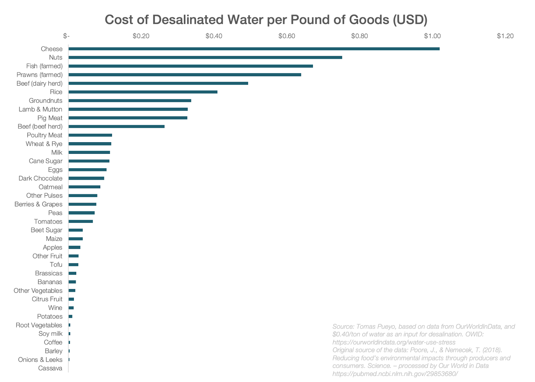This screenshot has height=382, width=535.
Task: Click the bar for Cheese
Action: pyautogui.click(x=254, y=49)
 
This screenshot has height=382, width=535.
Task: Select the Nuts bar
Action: pyautogui.click(x=205, y=58)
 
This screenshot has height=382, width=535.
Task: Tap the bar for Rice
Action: pyautogui.click(x=143, y=92)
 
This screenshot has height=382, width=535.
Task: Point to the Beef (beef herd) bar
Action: pyautogui.click(x=116, y=126)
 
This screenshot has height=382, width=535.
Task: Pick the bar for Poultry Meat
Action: pyautogui.click(x=90, y=135)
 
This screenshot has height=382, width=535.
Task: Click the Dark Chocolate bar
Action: pyautogui.click(x=86, y=178)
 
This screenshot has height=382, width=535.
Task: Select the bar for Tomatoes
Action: pyautogui.click(x=81, y=221)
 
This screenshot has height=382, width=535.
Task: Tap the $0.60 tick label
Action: pyautogui.click(x=287, y=36)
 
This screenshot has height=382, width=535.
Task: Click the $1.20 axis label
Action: pyautogui.click(x=505, y=36)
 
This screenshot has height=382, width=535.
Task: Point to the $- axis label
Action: pyautogui.click(x=66, y=36)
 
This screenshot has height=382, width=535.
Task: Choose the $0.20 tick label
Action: pyautogui.click(x=141, y=36)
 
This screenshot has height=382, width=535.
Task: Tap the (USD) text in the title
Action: pyautogui.click(x=410, y=20)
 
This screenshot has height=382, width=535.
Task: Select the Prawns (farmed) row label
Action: pyautogui.click(x=39, y=75)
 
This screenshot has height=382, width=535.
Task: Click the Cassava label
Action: pyautogui.click(x=50, y=368)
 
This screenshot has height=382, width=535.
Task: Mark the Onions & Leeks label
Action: pyautogui.click(x=40, y=360)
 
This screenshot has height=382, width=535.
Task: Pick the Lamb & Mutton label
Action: pyautogui.click(x=40, y=109)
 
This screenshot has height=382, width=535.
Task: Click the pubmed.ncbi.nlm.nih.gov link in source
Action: pyautogui.click(x=395, y=374)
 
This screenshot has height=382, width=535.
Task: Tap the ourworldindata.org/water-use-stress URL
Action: pyautogui.click(x=394, y=342)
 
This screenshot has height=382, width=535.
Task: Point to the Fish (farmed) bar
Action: pyautogui.click(x=191, y=66)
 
